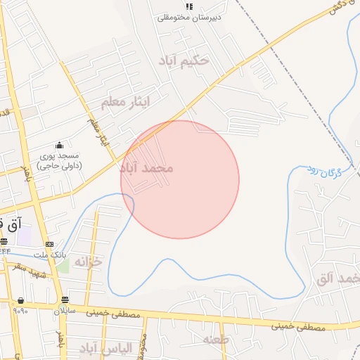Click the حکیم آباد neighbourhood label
pyautogui.click(x=184, y=60)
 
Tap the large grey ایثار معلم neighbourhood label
pyautogui.click(x=126, y=103)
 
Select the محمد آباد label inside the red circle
pyautogui.click(x=146, y=169)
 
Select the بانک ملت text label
pyautogui.click(x=50, y=255)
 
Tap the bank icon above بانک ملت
pyautogui.click(x=49, y=244)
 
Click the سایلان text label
pyautogui.click(x=64, y=310)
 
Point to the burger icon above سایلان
pyautogui.click(x=65, y=300)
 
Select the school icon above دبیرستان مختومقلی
pyautogui.click(x=188, y=6)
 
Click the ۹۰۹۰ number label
pyautogui.click(x=20, y=311)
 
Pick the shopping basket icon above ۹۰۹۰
pyautogui.click(x=20, y=301)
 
